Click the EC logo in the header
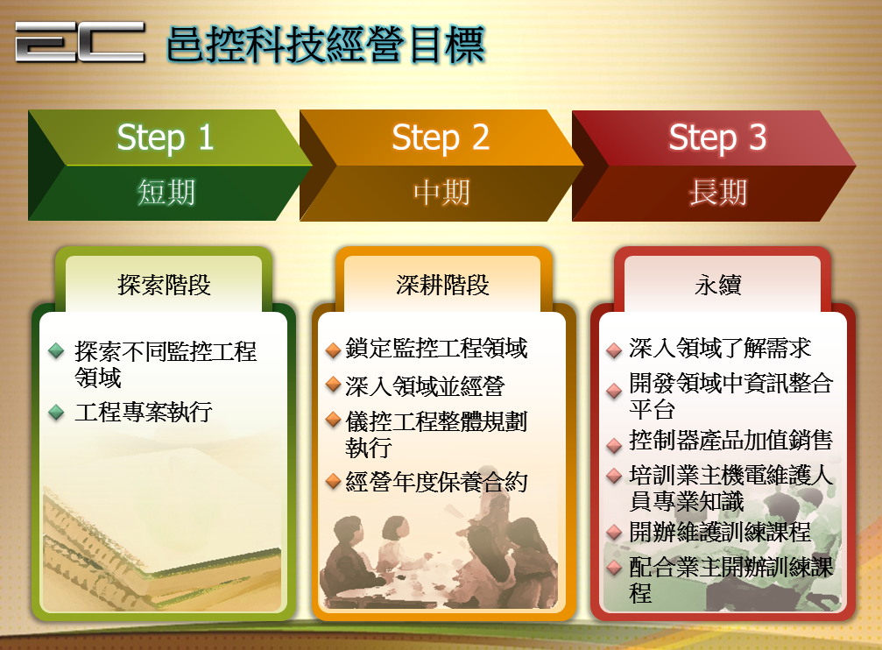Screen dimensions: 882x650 80,41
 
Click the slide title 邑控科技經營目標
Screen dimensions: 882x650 326,44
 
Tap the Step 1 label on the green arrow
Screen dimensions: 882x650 166,138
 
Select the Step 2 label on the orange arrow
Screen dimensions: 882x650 441,138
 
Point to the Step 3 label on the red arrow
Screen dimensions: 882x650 717,138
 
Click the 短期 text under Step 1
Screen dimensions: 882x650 166,193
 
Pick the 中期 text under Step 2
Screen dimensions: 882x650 441,193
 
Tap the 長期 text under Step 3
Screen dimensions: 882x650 718,193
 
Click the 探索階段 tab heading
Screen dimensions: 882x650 165,285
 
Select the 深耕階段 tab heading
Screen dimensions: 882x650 442,285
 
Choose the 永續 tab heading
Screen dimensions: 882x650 718,285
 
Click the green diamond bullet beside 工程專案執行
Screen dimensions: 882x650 56,412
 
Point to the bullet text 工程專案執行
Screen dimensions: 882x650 144,412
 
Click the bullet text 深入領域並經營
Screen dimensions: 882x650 426,386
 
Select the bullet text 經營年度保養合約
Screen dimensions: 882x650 436,482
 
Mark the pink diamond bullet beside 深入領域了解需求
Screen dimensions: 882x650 614,350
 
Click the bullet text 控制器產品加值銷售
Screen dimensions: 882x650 730,440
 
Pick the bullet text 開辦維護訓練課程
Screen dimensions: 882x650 720,532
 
